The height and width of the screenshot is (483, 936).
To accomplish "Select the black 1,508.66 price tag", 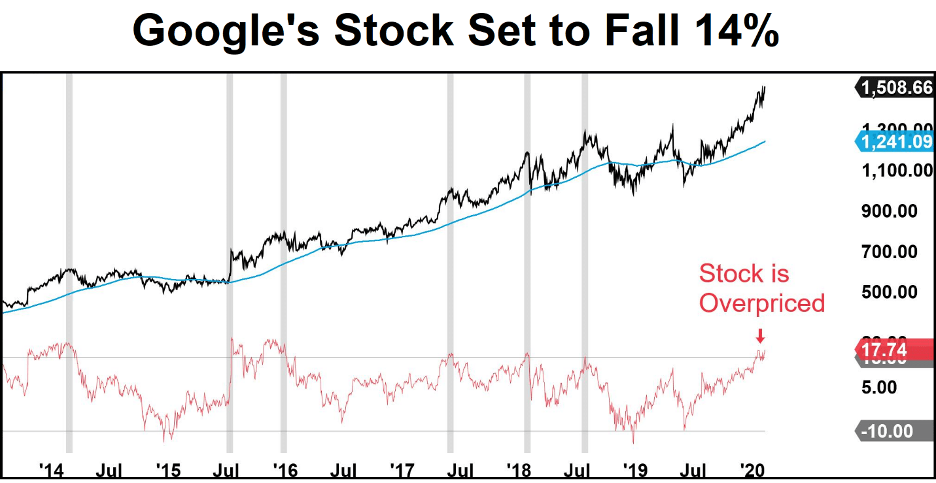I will [895, 88].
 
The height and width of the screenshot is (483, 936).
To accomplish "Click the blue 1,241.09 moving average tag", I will [895, 142].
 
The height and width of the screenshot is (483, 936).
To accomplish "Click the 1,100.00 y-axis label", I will [895, 171].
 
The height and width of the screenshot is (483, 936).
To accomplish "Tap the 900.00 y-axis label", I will [899, 211].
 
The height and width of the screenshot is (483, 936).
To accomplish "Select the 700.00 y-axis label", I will [899, 252].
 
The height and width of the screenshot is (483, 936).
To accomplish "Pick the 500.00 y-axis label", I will [899, 291].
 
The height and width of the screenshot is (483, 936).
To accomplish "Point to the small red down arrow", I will [759, 336].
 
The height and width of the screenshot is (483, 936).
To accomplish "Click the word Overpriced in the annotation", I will [762, 303].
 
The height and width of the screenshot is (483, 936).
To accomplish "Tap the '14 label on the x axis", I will [51, 470].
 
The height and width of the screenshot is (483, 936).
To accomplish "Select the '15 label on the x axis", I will [167, 470].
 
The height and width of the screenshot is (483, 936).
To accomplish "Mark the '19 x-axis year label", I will [633, 470].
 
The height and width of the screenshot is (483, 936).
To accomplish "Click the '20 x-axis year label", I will [750, 470].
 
